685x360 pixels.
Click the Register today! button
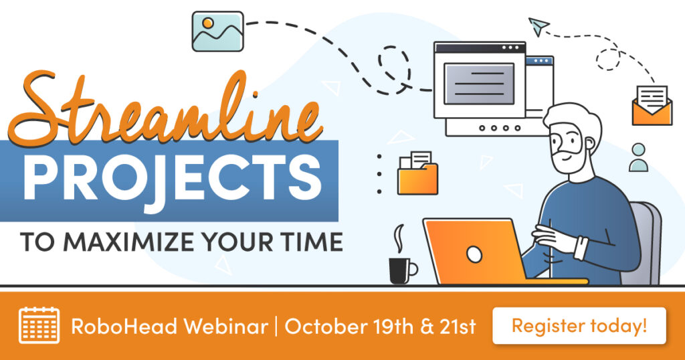tap(579, 326)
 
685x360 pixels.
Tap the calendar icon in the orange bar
tap(39, 325)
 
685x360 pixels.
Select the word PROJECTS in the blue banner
tap(173, 176)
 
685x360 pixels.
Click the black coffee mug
tap(402, 271)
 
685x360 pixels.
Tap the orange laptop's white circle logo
tap(474, 254)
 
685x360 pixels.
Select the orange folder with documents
tap(417, 173)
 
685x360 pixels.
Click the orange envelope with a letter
tap(652, 106)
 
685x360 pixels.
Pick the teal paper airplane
tap(539, 26)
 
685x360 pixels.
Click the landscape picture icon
tap(218, 31)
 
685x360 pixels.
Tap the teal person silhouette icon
tap(638, 158)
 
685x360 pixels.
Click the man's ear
tap(590, 145)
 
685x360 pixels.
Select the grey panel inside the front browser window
tap(479, 84)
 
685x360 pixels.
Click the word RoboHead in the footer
tap(124, 327)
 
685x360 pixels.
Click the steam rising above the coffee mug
tap(399, 238)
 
